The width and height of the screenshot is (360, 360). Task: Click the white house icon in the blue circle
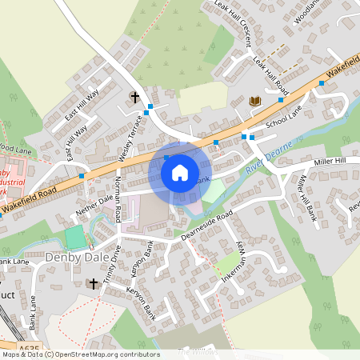180,171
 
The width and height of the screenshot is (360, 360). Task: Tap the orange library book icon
255,101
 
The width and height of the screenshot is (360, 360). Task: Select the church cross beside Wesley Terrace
134,97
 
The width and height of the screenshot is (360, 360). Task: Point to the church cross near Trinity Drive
93,283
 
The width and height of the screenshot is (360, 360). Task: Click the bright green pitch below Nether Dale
74,238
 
